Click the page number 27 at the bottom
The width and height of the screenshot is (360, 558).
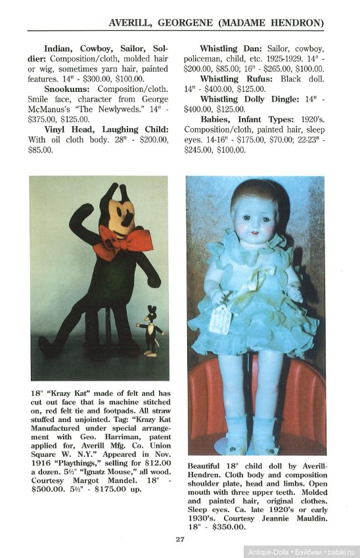pos(180,540)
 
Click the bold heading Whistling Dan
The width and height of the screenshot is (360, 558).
pos(231,49)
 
